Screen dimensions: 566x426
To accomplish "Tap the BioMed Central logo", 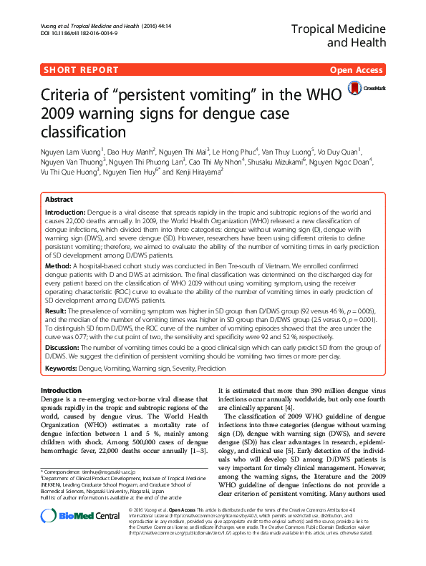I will [69, 536].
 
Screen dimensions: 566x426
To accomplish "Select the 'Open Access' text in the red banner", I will [357, 69].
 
